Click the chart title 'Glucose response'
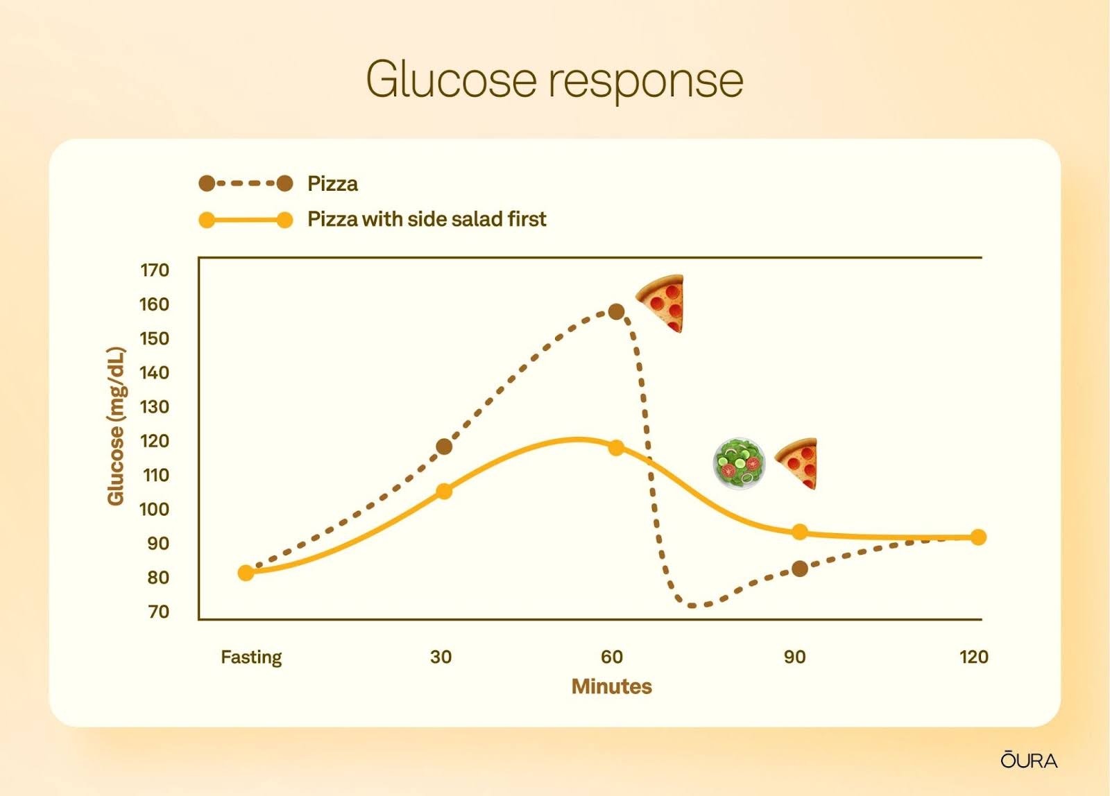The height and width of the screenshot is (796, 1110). pos(554,80)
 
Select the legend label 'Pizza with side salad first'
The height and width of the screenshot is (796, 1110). pos(427,219)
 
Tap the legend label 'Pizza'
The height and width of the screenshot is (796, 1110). pos(332,184)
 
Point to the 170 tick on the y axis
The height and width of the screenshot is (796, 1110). pos(155,270)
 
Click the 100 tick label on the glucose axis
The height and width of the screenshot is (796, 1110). pos(155,509)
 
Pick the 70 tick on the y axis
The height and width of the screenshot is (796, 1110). pos(159,612)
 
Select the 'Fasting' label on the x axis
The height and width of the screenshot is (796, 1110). pos(251,657)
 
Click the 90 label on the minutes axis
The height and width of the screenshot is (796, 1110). pos(794,657)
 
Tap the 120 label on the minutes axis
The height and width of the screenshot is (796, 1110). pos(974,657)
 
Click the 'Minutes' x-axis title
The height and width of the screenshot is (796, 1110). pos(611,686)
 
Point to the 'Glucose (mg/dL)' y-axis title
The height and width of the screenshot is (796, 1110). pos(116,426)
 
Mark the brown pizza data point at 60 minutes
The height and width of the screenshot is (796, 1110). pos(616,311)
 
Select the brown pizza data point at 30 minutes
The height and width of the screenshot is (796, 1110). pos(444,447)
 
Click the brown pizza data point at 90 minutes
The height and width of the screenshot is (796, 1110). pos(800,569)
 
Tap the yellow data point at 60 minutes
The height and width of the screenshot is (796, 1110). pos(616,448)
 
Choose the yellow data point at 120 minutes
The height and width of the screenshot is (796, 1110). pos(978,537)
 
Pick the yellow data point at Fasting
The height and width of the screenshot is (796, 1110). pos(246,573)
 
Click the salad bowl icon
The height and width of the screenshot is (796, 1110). pos(739,463)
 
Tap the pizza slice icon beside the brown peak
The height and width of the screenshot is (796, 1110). pos(661,303)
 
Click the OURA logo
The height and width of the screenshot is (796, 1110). pos(1029,761)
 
